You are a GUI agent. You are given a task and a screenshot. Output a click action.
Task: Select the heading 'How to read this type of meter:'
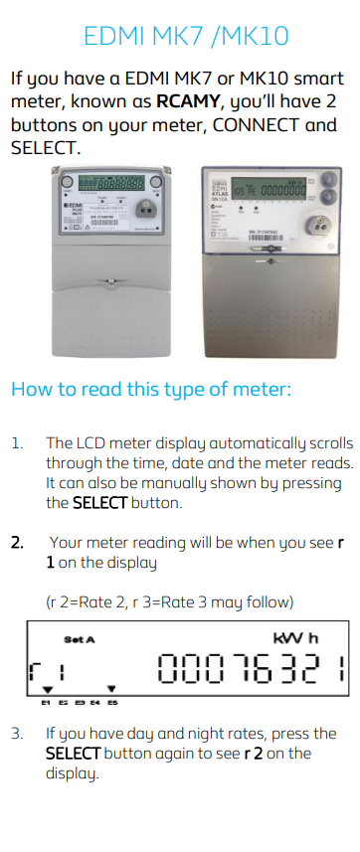(150, 388)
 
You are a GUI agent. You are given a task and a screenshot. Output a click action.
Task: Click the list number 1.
(17, 442)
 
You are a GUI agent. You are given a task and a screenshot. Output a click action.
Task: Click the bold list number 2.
(17, 543)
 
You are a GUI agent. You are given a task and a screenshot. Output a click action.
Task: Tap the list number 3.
(17, 734)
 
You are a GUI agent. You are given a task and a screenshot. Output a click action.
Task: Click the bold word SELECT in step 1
(99, 503)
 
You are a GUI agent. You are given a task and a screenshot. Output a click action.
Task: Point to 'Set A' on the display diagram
(80, 638)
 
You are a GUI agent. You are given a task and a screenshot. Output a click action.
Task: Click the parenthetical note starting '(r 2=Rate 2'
(172, 602)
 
